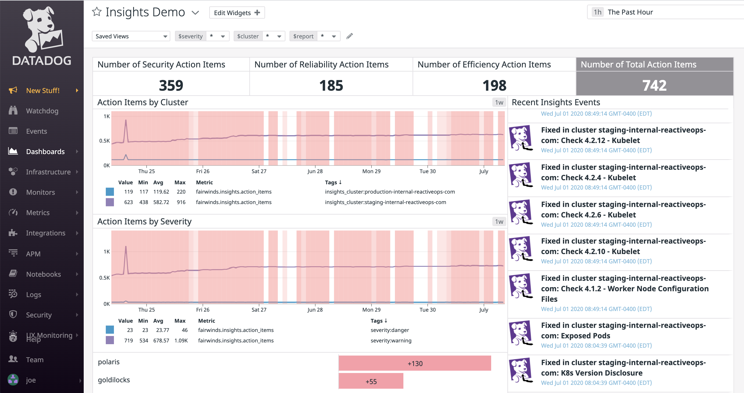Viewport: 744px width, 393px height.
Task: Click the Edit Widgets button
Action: (237, 13)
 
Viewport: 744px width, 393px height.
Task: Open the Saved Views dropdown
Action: (131, 36)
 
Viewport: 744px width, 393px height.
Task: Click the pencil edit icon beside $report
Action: (349, 36)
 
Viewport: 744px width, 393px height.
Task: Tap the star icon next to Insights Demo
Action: (96, 12)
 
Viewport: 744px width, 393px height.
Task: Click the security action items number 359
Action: (171, 85)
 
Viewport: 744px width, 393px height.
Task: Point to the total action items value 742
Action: (654, 85)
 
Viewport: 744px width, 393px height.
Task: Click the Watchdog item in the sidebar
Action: (42, 111)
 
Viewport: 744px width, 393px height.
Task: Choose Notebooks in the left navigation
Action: (43, 274)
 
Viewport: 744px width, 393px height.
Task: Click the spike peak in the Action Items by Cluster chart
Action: (126, 120)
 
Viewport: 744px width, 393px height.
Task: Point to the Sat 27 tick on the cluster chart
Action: (259, 171)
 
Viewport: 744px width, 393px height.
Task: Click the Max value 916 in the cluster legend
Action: (181, 202)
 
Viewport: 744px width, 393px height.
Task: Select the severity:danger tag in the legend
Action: (389, 330)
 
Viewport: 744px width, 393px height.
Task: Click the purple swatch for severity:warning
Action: (110, 340)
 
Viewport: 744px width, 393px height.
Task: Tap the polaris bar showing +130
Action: (415, 363)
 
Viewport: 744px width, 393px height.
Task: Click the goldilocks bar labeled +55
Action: (371, 381)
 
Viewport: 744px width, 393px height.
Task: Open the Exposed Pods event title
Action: (623, 330)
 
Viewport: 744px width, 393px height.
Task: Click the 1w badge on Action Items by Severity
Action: (499, 222)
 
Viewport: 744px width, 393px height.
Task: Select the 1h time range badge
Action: (597, 12)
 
